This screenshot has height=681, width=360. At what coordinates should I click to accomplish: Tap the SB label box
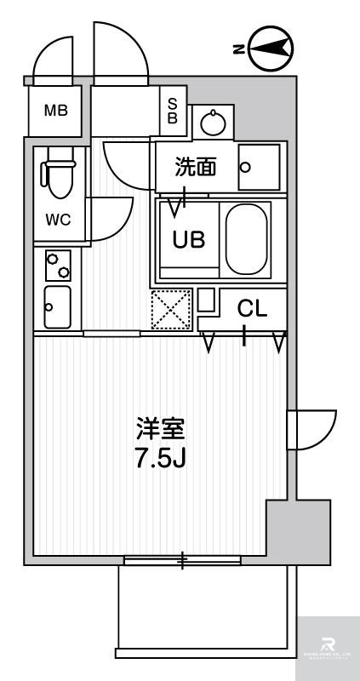coord(172,111)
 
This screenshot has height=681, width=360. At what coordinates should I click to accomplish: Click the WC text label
coord(58,219)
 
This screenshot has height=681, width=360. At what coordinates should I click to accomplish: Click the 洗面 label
coord(195,167)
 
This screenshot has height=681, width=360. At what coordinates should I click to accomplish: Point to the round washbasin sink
coord(212,124)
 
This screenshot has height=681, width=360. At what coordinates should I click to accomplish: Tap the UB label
coord(188,239)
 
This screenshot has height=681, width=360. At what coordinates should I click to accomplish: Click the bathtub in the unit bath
coord(247,238)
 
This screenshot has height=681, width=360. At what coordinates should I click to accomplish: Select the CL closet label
coord(252,309)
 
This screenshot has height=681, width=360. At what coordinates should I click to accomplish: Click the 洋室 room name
coord(159,427)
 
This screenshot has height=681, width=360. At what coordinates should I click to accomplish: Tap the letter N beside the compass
coord(238,50)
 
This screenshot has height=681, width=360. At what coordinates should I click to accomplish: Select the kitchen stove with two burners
coord(58,266)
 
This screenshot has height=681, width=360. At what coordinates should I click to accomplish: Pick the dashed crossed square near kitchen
coord(170,310)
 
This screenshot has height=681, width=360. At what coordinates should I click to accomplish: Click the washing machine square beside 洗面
coord(259,167)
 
